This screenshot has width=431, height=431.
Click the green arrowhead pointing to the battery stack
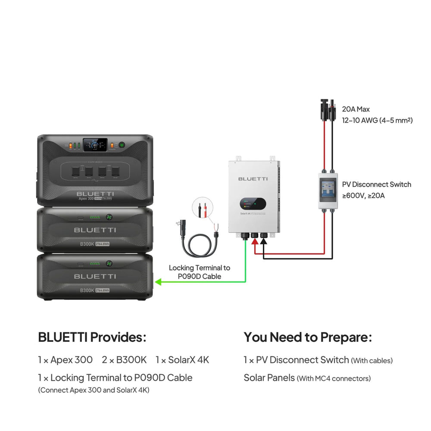pyautogui.click(x=158, y=282)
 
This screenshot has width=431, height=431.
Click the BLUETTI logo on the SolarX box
pyautogui.click(x=253, y=178)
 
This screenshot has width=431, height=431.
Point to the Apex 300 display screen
pyautogui.click(x=95, y=145)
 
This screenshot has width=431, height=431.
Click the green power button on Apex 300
pyautogui.click(x=122, y=145)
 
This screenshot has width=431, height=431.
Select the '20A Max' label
pyautogui.click(x=356, y=109)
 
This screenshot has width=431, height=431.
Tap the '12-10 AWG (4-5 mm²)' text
pyautogui.click(x=377, y=120)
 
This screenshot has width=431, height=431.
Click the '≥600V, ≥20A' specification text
pyautogui.click(x=363, y=195)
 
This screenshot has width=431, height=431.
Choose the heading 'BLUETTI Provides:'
pyautogui.click(x=92, y=337)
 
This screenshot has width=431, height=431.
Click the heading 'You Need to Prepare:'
pyautogui.click(x=308, y=337)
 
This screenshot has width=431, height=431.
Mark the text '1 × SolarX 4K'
pyautogui.click(x=182, y=360)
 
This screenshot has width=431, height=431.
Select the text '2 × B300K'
pyautogui.click(x=124, y=360)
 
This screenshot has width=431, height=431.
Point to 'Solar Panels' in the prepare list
pyautogui.click(x=269, y=378)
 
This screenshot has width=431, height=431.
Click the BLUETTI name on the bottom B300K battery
pyautogui.click(x=95, y=276)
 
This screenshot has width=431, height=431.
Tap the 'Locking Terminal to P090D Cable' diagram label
pyautogui.click(x=199, y=272)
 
